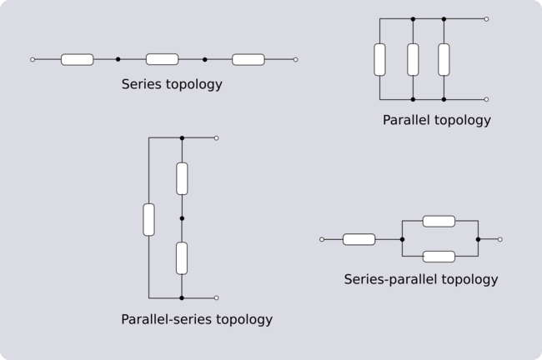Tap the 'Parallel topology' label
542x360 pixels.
[x=436, y=120]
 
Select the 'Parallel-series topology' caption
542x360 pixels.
[x=197, y=319]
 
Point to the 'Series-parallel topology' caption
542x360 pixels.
[x=421, y=279]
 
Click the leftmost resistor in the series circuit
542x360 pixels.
[x=78, y=60]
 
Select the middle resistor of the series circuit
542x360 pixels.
[x=162, y=60]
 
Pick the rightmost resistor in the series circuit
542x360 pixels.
[x=248, y=60]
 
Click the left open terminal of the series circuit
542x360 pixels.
[x=32, y=60]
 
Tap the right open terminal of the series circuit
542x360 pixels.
[x=295, y=60]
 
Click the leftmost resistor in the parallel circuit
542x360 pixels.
[x=380, y=58]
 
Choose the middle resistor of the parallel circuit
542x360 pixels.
[x=413, y=58]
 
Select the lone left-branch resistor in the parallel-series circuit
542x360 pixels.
[x=149, y=218]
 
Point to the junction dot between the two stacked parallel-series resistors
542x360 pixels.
[x=182, y=218]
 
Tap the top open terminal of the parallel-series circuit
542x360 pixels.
[x=217, y=137]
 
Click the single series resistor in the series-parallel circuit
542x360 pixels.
[x=359, y=239]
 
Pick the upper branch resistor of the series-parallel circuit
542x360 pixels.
[x=439, y=221]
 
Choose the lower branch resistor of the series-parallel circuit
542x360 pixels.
[x=439, y=257]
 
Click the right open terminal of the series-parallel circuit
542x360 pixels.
[x=499, y=239]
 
